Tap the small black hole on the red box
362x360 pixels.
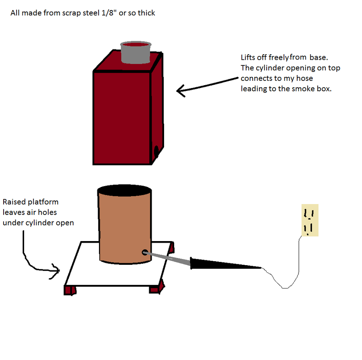pos(156,152)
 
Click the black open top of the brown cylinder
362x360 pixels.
pos(125,190)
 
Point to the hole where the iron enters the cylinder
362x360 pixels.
pos(144,252)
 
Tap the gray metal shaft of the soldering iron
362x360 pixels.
pos(169,259)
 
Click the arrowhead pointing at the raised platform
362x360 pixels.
pos(56,270)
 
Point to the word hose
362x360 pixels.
pos(304,78)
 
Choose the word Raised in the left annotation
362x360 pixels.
pos(14,202)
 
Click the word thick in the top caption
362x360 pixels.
pos(146,13)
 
